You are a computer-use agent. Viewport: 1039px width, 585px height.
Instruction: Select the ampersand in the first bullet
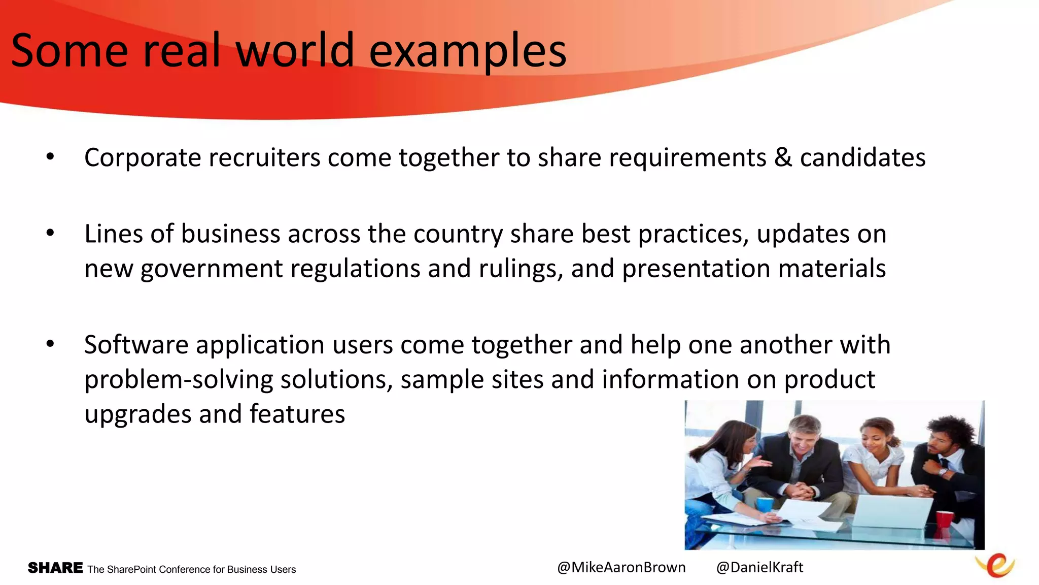[783, 157]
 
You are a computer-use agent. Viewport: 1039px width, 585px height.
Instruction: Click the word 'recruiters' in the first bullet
[264, 157]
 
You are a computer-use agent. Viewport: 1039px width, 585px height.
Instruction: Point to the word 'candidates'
[862, 157]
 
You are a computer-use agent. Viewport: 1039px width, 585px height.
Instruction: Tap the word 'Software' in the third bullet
[136, 345]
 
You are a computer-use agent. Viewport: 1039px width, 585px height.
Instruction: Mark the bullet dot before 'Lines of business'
[50, 234]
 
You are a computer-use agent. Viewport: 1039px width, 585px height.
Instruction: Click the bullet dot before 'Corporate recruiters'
[50, 157]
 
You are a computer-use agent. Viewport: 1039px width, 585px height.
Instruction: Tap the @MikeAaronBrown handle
[621, 567]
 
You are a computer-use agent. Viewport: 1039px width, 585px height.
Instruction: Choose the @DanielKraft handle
[759, 567]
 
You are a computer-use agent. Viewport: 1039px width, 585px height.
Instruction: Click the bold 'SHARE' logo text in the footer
[55, 568]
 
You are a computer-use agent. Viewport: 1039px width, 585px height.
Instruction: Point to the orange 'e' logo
[995, 565]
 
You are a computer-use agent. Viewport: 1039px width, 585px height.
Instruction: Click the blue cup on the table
[765, 505]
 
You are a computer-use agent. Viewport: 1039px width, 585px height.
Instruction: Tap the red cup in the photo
[944, 520]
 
